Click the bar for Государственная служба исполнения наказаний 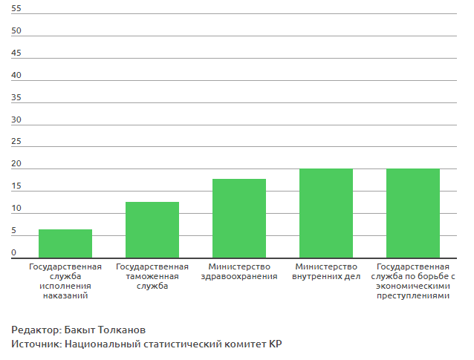coord(65,243)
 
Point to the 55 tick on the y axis coord(16,9)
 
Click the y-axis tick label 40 coord(16,76)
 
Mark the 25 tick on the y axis coord(16,143)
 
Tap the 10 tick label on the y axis coord(16,209)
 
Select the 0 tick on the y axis coord(14,253)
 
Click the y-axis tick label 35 coord(16,98)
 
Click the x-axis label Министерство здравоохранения coord(239,272)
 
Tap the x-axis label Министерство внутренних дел coord(326,272)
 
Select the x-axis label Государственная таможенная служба coord(152,276)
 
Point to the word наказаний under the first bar coord(65,296)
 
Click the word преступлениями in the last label coord(413,296)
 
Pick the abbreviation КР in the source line coord(276,344)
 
